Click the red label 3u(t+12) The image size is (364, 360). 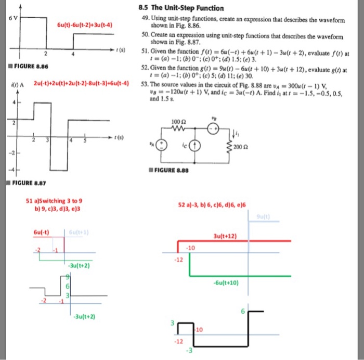coord(224,236)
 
